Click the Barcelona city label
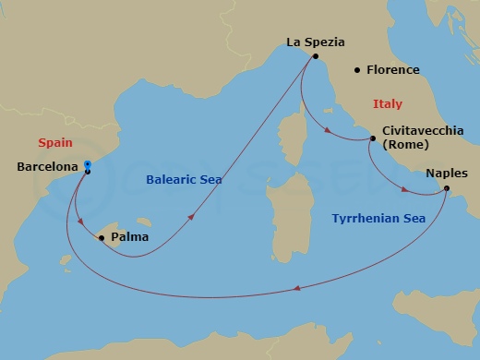tap(47, 167)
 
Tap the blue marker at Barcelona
tap(87, 165)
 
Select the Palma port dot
tap(102, 237)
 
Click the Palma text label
tap(127, 237)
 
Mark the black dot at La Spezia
tap(315, 56)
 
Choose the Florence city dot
tap(356, 70)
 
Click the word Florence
tap(392, 70)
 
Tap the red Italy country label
tap(387, 104)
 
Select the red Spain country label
tap(55, 142)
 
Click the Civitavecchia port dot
tap(372, 139)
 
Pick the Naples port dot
tap(447, 189)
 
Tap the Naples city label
tap(447, 173)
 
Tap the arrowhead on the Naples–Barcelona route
tap(296, 290)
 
